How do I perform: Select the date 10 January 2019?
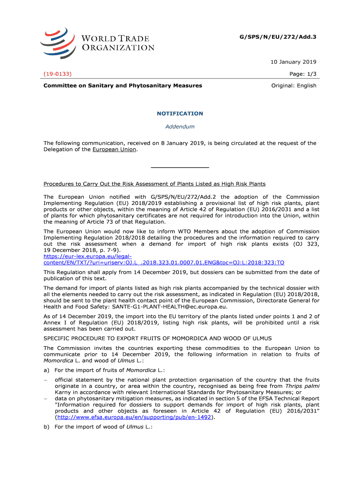tap(293, 62)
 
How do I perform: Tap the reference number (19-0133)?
tap(58, 74)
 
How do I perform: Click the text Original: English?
tap(294, 86)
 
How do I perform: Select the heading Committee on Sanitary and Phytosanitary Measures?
tap(122, 86)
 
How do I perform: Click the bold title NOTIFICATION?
tap(180, 114)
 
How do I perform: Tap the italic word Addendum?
tap(180, 127)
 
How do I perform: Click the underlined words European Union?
tap(114, 150)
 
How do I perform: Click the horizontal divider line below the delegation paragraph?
tap(180, 167)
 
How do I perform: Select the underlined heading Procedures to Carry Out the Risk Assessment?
tap(154, 184)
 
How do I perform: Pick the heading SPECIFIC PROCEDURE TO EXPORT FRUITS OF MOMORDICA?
tap(158, 338)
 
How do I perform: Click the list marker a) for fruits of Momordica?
tap(47, 370)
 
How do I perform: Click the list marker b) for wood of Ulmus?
tap(47, 427)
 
